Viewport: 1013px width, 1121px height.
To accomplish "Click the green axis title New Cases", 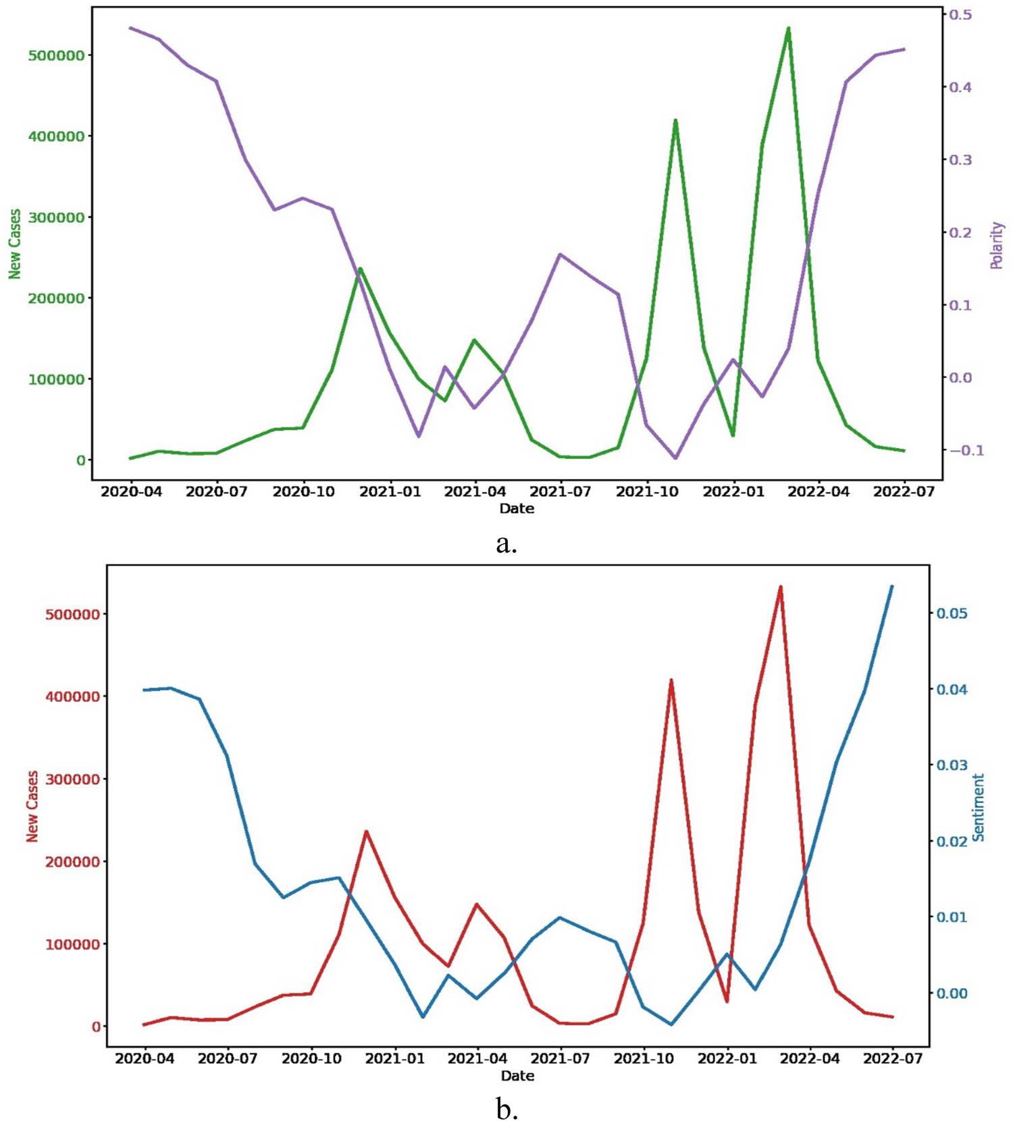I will pyautogui.click(x=15, y=244).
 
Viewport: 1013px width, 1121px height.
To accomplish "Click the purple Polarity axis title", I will pyautogui.click(x=997, y=245).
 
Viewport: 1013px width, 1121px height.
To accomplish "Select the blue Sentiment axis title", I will pyautogui.click(x=979, y=807).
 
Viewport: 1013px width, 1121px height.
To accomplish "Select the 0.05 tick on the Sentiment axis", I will pyautogui.click(x=951, y=613).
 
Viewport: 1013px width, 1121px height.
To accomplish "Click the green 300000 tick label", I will pyautogui.click(x=57, y=217).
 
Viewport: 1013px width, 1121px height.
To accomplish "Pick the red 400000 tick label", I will pyautogui.click(x=72, y=696).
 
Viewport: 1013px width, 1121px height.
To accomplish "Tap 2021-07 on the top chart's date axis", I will pyautogui.click(x=561, y=491).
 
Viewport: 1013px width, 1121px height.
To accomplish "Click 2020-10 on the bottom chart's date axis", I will pyautogui.click(x=311, y=1058).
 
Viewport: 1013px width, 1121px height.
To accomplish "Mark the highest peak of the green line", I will pyautogui.click(x=788, y=28).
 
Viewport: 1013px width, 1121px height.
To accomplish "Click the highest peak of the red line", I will pyautogui.click(x=780, y=587).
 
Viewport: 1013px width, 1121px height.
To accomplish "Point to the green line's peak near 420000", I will pyautogui.click(x=675, y=121).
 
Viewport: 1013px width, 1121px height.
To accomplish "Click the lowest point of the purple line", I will pyautogui.click(x=675, y=458).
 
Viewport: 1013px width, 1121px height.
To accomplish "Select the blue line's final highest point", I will pyautogui.click(x=891, y=586).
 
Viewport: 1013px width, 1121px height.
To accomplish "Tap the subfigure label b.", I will pyautogui.click(x=506, y=1108).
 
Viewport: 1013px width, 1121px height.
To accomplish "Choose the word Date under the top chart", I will pyautogui.click(x=517, y=508).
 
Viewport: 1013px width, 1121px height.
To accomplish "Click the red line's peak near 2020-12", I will pyautogui.click(x=366, y=831).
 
